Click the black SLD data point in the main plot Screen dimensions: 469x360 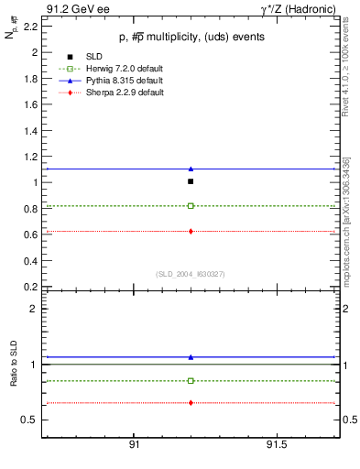pos(191,181)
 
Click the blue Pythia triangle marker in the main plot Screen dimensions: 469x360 pos(191,169)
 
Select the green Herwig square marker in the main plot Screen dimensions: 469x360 pos(191,206)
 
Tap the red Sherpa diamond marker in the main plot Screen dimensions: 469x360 pos(191,231)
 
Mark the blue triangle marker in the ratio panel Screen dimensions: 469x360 pos(191,357)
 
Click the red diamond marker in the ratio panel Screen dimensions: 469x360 pos(191,403)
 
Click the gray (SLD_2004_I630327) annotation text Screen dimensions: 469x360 pos(191,274)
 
